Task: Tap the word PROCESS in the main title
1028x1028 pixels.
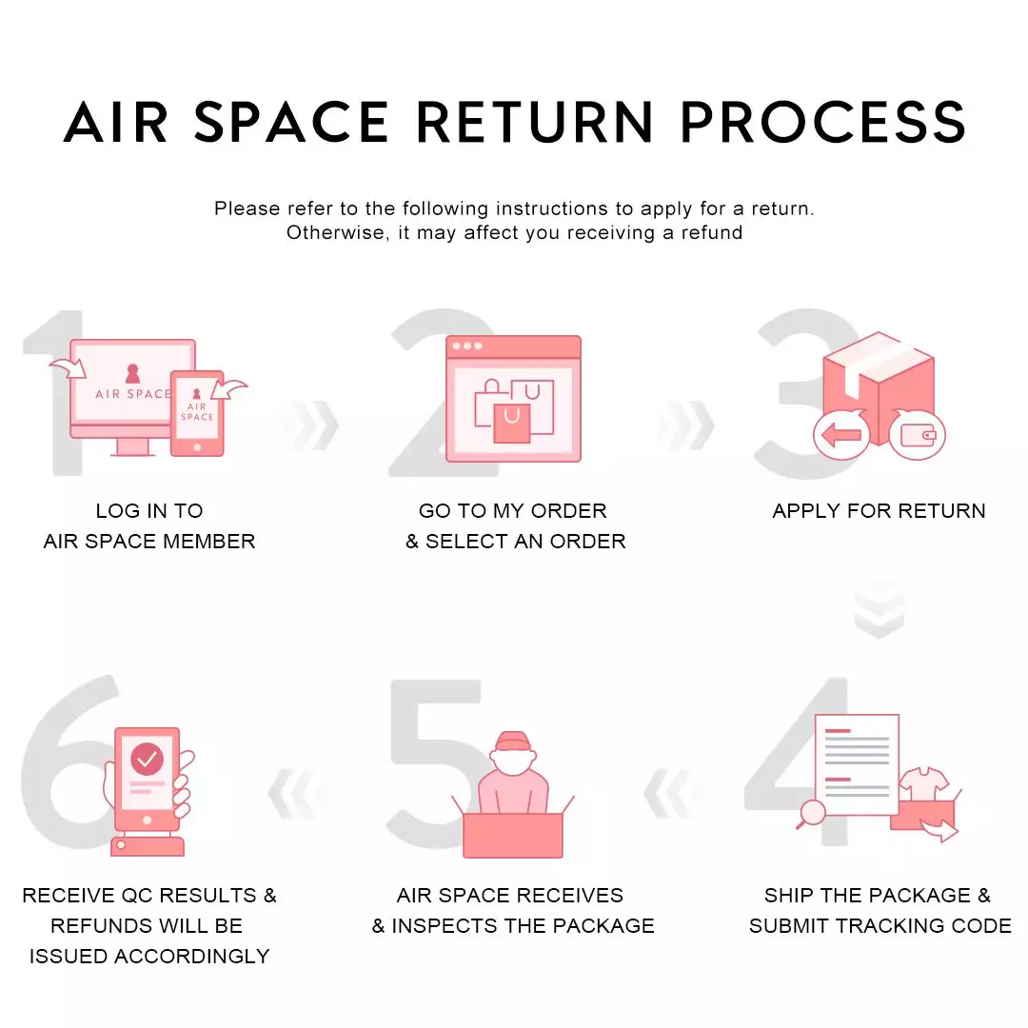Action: coord(823,122)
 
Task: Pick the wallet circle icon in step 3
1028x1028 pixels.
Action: coord(917,435)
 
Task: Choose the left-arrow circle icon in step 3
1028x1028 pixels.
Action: coord(840,435)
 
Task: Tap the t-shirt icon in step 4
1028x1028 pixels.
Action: coord(924,786)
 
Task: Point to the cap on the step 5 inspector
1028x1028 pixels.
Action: coord(512,741)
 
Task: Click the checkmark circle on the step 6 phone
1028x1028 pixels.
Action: coord(147,759)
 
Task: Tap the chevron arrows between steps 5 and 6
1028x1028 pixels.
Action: coord(295,796)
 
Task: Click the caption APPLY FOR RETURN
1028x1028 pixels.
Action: coord(879,511)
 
